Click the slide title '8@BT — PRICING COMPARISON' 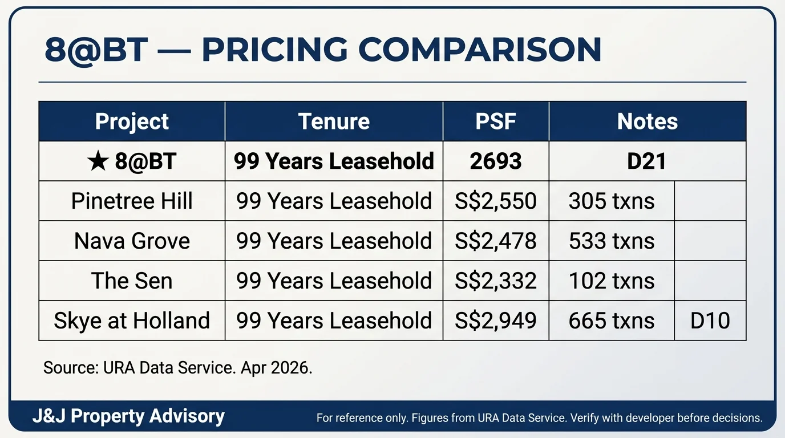pyautogui.click(x=323, y=50)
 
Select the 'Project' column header pyautogui.click(x=132, y=121)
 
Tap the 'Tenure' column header pyautogui.click(x=334, y=121)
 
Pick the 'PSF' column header pyautogui.click(x=496, y=121)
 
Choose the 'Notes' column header pyautogui.click(x=647, y=121)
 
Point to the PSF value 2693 pyautogui.click(x=496, y=161)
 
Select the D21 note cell pyautogui.click(x=647, y=161)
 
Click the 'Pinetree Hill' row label pyautogui.click(x=132, y=201)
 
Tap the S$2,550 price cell pyautogui.click(x=496, y=201)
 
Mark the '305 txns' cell pyautogui.click(x=612, y=201)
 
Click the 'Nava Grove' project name pyautogui.click(x=132, y=241)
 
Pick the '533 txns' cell pyautogui.click(x=612, y=241)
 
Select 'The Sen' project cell pyautogui.click(x=132, y=281)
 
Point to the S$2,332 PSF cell pyautogui.click(x=496, y=281)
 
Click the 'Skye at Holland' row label pyautogui.click(x=132, y=321)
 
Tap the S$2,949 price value pyautogui.click(x=496, y=321)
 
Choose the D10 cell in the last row pyautogui.click(x=710, y=321)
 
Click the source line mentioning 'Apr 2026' pyautogui.click(x=178, y=368)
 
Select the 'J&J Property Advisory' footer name pyautogui.click(x=128, y=417)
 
